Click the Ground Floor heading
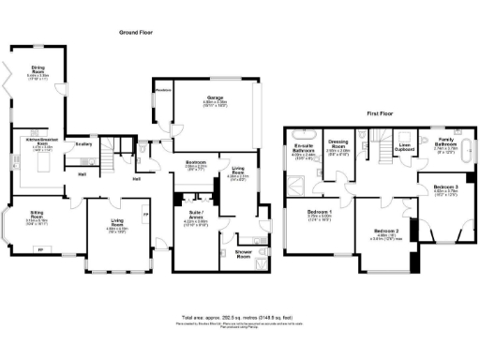coord(135,32)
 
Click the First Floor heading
coord(379,112)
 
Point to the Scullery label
coord(82,143)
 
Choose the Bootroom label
coord(196,165)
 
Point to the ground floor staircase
coord(110,166)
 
